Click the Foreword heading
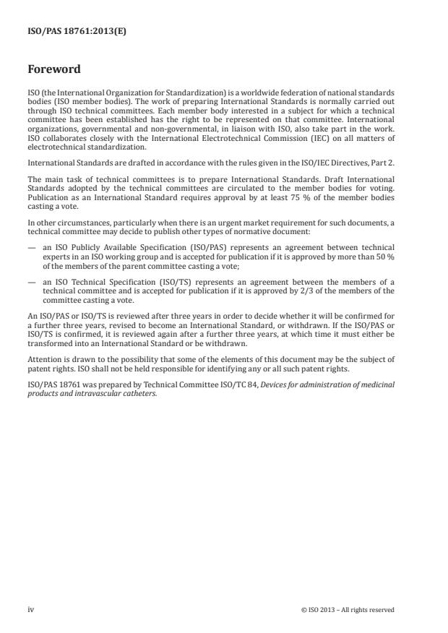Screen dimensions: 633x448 (53, 69)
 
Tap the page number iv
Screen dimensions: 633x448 (30, 609)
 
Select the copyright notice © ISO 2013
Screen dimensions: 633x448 (348, 610)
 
